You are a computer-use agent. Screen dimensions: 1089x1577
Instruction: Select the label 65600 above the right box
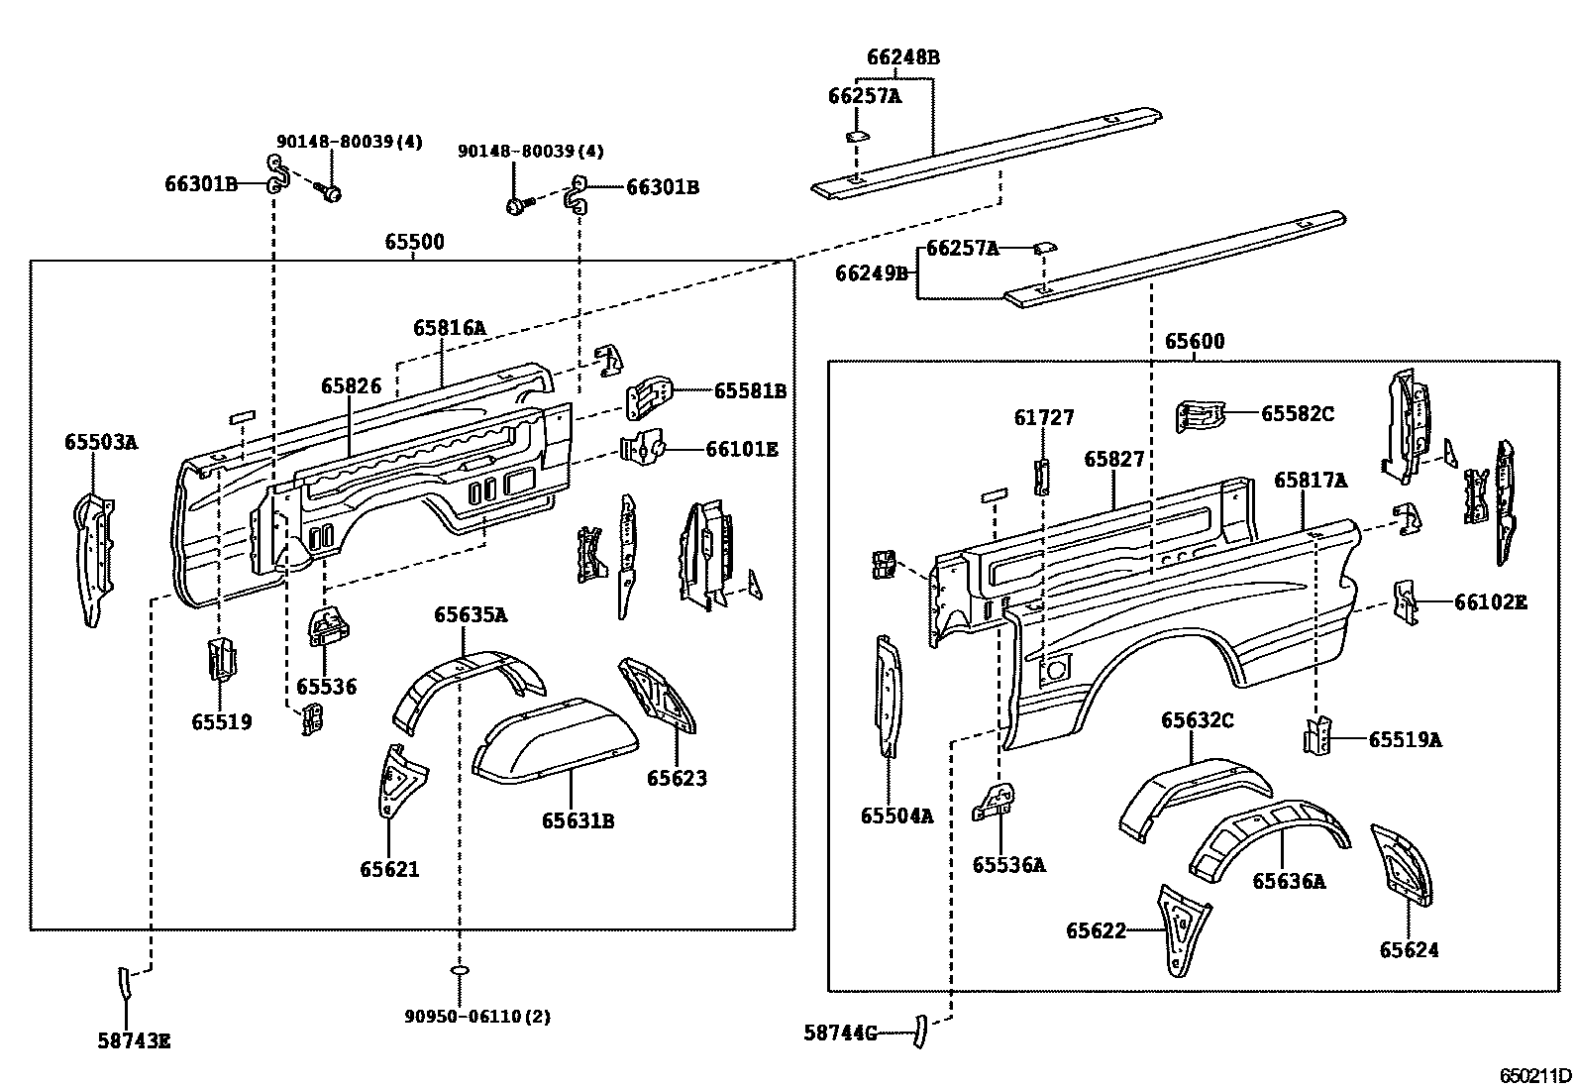1194,342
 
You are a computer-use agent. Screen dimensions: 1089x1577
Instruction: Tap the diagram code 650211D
1534,1076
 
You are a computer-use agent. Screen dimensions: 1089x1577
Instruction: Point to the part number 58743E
134,1040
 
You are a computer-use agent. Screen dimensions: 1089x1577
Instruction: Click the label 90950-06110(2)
477,1016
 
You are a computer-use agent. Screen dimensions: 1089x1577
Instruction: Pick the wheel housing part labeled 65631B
555,738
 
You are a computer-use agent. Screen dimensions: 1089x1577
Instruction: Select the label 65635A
470,615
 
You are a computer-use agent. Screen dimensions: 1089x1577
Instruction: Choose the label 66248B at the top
902,57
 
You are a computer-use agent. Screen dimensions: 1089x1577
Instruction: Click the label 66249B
871,272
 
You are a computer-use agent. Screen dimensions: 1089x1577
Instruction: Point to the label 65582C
1297,413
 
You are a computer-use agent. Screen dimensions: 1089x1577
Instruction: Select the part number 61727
1043,418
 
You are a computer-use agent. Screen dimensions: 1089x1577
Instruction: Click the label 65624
1409,950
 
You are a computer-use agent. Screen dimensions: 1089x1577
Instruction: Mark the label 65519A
1405,739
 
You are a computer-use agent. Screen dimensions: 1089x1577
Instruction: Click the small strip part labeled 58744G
918,1032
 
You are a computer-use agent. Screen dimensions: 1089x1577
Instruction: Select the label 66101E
741,450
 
